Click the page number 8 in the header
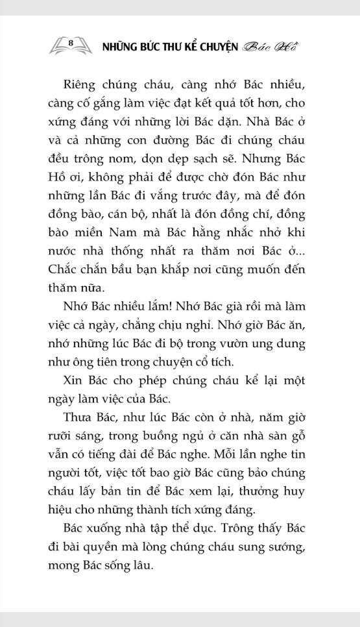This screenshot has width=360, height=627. click(70, 43)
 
